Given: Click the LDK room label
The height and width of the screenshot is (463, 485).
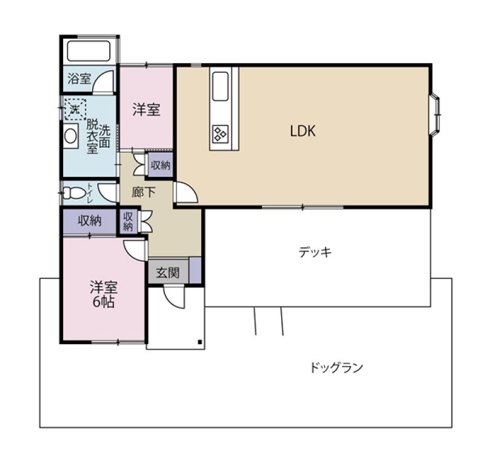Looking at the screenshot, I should (x=302, y=130).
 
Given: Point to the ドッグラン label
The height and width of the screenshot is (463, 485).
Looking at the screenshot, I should (x=336, y=367).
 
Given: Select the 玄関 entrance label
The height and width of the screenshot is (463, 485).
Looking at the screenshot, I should (x=168, y=272).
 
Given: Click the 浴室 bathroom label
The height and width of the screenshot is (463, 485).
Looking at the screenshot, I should (x=79, y=79).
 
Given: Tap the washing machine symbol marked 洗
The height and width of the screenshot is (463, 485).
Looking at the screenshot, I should (x=75, y=109).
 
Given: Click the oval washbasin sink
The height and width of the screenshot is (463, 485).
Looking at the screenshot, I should (x=71, y=136).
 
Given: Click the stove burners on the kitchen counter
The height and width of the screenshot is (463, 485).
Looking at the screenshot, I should (x=219, y=133).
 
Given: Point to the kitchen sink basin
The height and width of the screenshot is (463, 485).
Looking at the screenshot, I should (x=221, y=87).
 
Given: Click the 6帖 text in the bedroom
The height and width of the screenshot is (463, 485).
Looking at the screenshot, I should (x=104, y=301).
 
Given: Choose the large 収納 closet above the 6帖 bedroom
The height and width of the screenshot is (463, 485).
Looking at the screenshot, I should (x=90, y=221).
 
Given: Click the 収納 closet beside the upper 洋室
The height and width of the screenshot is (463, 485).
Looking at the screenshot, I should (x=161, y=164).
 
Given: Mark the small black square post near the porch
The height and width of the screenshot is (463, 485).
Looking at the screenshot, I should (x=200, y=343).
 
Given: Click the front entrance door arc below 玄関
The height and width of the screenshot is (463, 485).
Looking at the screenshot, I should (x=173, y=296).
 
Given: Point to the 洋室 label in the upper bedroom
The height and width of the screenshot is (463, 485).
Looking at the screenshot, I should (x=146, y=110).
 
